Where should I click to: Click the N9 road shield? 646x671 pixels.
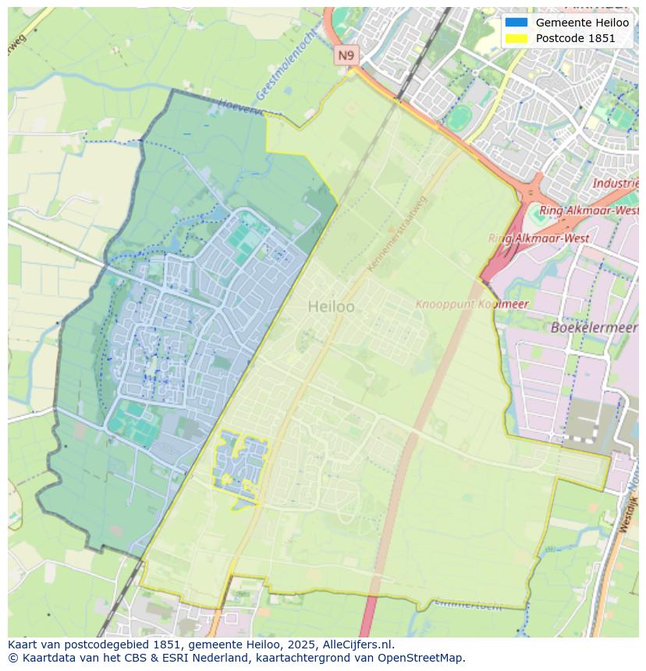click(x=346, y=55)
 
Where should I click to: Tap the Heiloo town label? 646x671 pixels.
click(x=331, y=307)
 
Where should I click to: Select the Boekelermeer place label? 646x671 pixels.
click(x=594, y=328)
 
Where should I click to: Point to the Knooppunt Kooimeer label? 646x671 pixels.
click(x=471, y=304)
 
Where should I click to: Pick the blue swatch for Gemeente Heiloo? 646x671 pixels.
click(x=516, y=23)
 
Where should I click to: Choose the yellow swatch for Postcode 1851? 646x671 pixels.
click(x=516, y=38)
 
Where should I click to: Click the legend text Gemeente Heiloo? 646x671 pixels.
click(x=582, y=23)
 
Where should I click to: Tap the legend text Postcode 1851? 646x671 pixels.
click(x=575, y=38)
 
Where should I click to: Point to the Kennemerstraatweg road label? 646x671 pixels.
click(x=398, y=234)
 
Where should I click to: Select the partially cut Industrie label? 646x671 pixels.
click(x=616, y=184)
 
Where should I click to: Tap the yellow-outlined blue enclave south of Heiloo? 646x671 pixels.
click(x=238, y=464)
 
